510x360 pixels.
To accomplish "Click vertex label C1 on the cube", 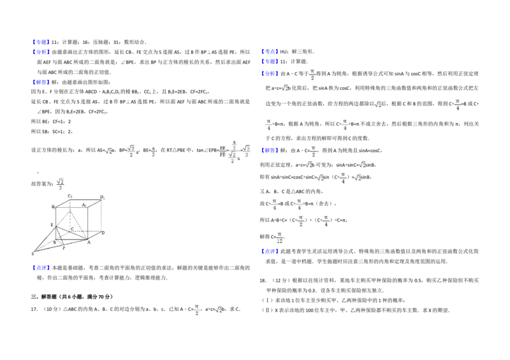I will (x=69, y=196).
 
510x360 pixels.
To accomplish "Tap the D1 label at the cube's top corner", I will (x=102, y=198).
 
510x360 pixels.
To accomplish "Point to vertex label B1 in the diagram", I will (x=54, y=207).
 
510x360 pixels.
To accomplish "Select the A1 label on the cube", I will (x=84, y=205).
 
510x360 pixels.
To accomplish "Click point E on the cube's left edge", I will (x=52, y=225).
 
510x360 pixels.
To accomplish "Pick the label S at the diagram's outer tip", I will (x=33, y=254).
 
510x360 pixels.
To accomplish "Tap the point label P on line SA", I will (x=64, y=248).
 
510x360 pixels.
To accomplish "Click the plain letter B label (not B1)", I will (x=55, y=242).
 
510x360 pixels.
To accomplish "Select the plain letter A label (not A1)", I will (x=89, y=242).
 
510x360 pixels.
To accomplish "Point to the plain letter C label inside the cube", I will (x=72, y=229).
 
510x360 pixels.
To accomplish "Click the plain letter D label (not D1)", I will (x=103, y=233).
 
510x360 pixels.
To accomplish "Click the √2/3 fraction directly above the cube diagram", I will (x=61, y=183).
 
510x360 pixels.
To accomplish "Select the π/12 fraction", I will (x=280, y=238).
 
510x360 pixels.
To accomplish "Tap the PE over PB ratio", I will (x=222, y=151).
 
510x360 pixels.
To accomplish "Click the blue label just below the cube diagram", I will (x=41, y=268).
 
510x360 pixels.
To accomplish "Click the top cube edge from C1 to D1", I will (x=85, y=199).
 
